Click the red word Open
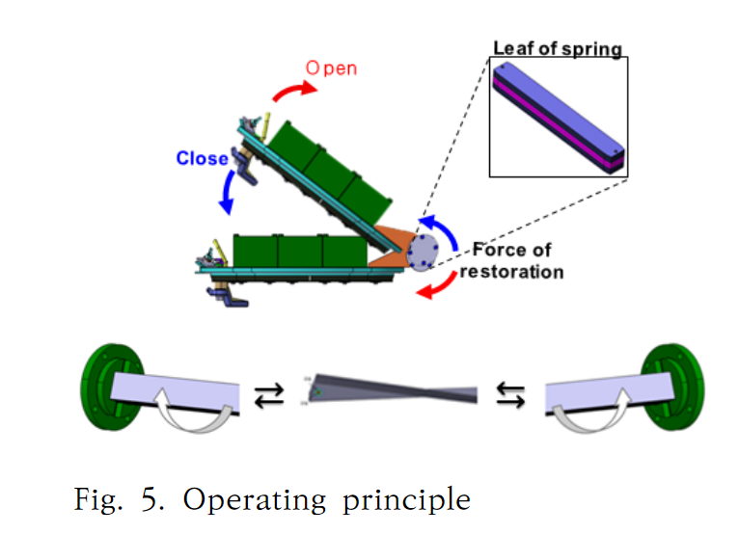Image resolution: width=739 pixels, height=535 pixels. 331,68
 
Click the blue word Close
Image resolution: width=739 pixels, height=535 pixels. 202,158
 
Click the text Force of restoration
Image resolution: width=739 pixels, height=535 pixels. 511,260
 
